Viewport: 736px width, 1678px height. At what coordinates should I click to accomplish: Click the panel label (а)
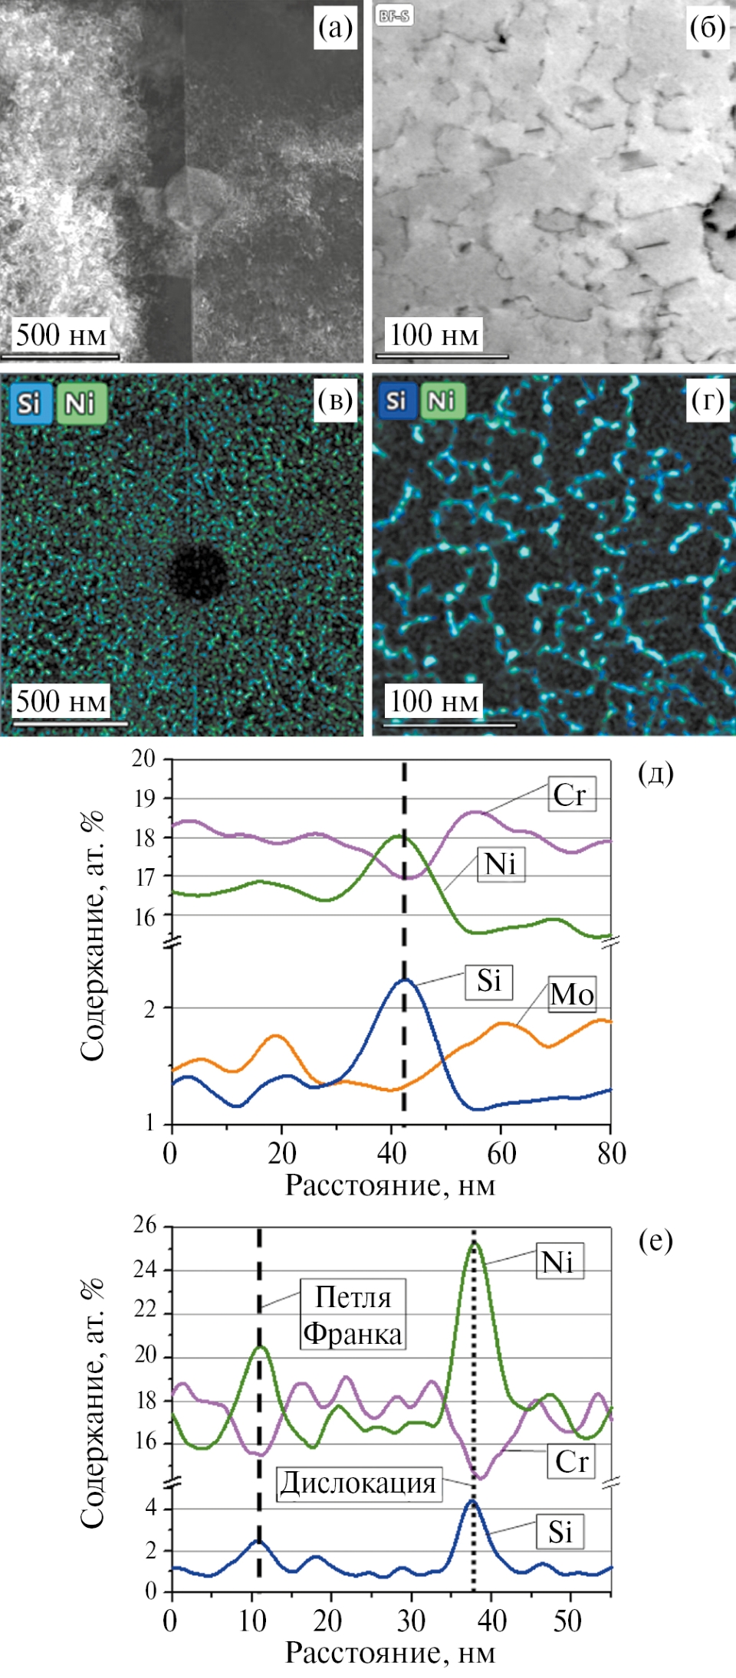click(x=336, y=28)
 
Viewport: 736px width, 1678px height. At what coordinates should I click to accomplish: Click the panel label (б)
click(x=707, y=28)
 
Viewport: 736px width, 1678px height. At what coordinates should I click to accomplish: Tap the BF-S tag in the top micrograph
click(x=394, y=15)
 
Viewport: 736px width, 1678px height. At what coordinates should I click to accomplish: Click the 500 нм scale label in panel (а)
click(x=61, y=335)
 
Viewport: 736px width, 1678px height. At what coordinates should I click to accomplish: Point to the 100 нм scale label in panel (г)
click(x=434, y=701)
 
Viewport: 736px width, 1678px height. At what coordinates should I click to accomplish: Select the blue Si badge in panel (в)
click(x=28, y=403)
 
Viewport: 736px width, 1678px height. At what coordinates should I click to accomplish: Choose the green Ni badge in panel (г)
click(x=442, y=401)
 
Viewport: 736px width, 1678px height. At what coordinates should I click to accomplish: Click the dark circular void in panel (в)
click(x=199, y=572)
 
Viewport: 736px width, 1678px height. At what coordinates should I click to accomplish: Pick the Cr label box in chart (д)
click(x=571, y=795)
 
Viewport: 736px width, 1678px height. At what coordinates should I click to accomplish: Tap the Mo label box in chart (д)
click(x=572, y=995)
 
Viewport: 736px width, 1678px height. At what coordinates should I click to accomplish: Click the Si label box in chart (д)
click(x=488, y=981)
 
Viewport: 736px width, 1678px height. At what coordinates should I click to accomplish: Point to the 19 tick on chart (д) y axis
click(x=145, y=798)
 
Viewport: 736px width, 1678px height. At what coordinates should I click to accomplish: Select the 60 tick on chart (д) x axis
click(x=501, y=1153)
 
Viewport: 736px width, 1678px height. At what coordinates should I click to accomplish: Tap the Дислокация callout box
click(x=358, y=1483)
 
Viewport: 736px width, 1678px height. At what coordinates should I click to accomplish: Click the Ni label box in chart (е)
click(x=558, y=1261)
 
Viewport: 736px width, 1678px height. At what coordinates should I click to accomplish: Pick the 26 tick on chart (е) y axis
click(x=145, y=1225)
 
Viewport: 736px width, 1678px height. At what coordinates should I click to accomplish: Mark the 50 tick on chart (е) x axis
click(x=567, y=1621)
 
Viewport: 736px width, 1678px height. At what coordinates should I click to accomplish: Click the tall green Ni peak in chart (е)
click(x=475, y=1245)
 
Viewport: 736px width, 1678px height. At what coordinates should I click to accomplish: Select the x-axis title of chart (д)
click(x=390, y=1185)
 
